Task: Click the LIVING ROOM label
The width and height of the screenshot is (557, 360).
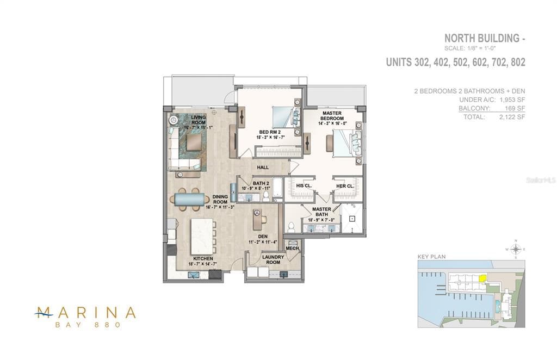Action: point(197,120)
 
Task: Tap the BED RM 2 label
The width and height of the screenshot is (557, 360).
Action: point(269,132)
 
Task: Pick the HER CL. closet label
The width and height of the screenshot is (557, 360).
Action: point(345,186)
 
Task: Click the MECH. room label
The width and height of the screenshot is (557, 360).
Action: point(293,248)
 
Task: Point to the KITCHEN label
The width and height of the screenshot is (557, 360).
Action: point(203,258)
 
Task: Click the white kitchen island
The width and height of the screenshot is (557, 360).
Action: point(201,236)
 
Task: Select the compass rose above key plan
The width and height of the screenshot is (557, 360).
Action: point(516,249)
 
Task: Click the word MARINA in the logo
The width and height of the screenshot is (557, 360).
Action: point(85,313)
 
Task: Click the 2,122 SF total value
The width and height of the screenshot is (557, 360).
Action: point(512,116)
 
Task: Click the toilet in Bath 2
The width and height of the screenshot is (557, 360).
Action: point(267,194)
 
